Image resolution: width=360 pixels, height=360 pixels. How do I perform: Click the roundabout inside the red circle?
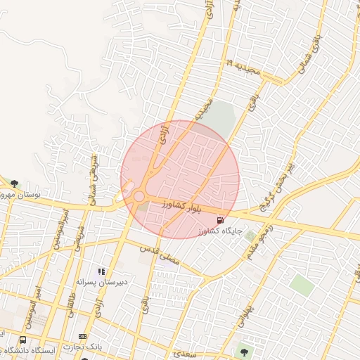(139, 196)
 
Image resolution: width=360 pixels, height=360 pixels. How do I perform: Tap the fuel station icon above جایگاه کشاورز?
(222, 220)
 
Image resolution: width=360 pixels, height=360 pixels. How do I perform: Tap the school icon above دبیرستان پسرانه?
(102, 271)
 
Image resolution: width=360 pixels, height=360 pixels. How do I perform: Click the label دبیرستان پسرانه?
(102, 282)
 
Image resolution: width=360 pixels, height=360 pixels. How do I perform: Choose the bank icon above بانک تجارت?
(83, 336)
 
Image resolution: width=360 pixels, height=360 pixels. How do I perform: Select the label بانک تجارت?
(82, 347)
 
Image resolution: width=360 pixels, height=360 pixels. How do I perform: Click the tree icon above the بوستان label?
(14, 184)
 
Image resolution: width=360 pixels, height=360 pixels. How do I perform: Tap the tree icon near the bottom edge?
(244, 350)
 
